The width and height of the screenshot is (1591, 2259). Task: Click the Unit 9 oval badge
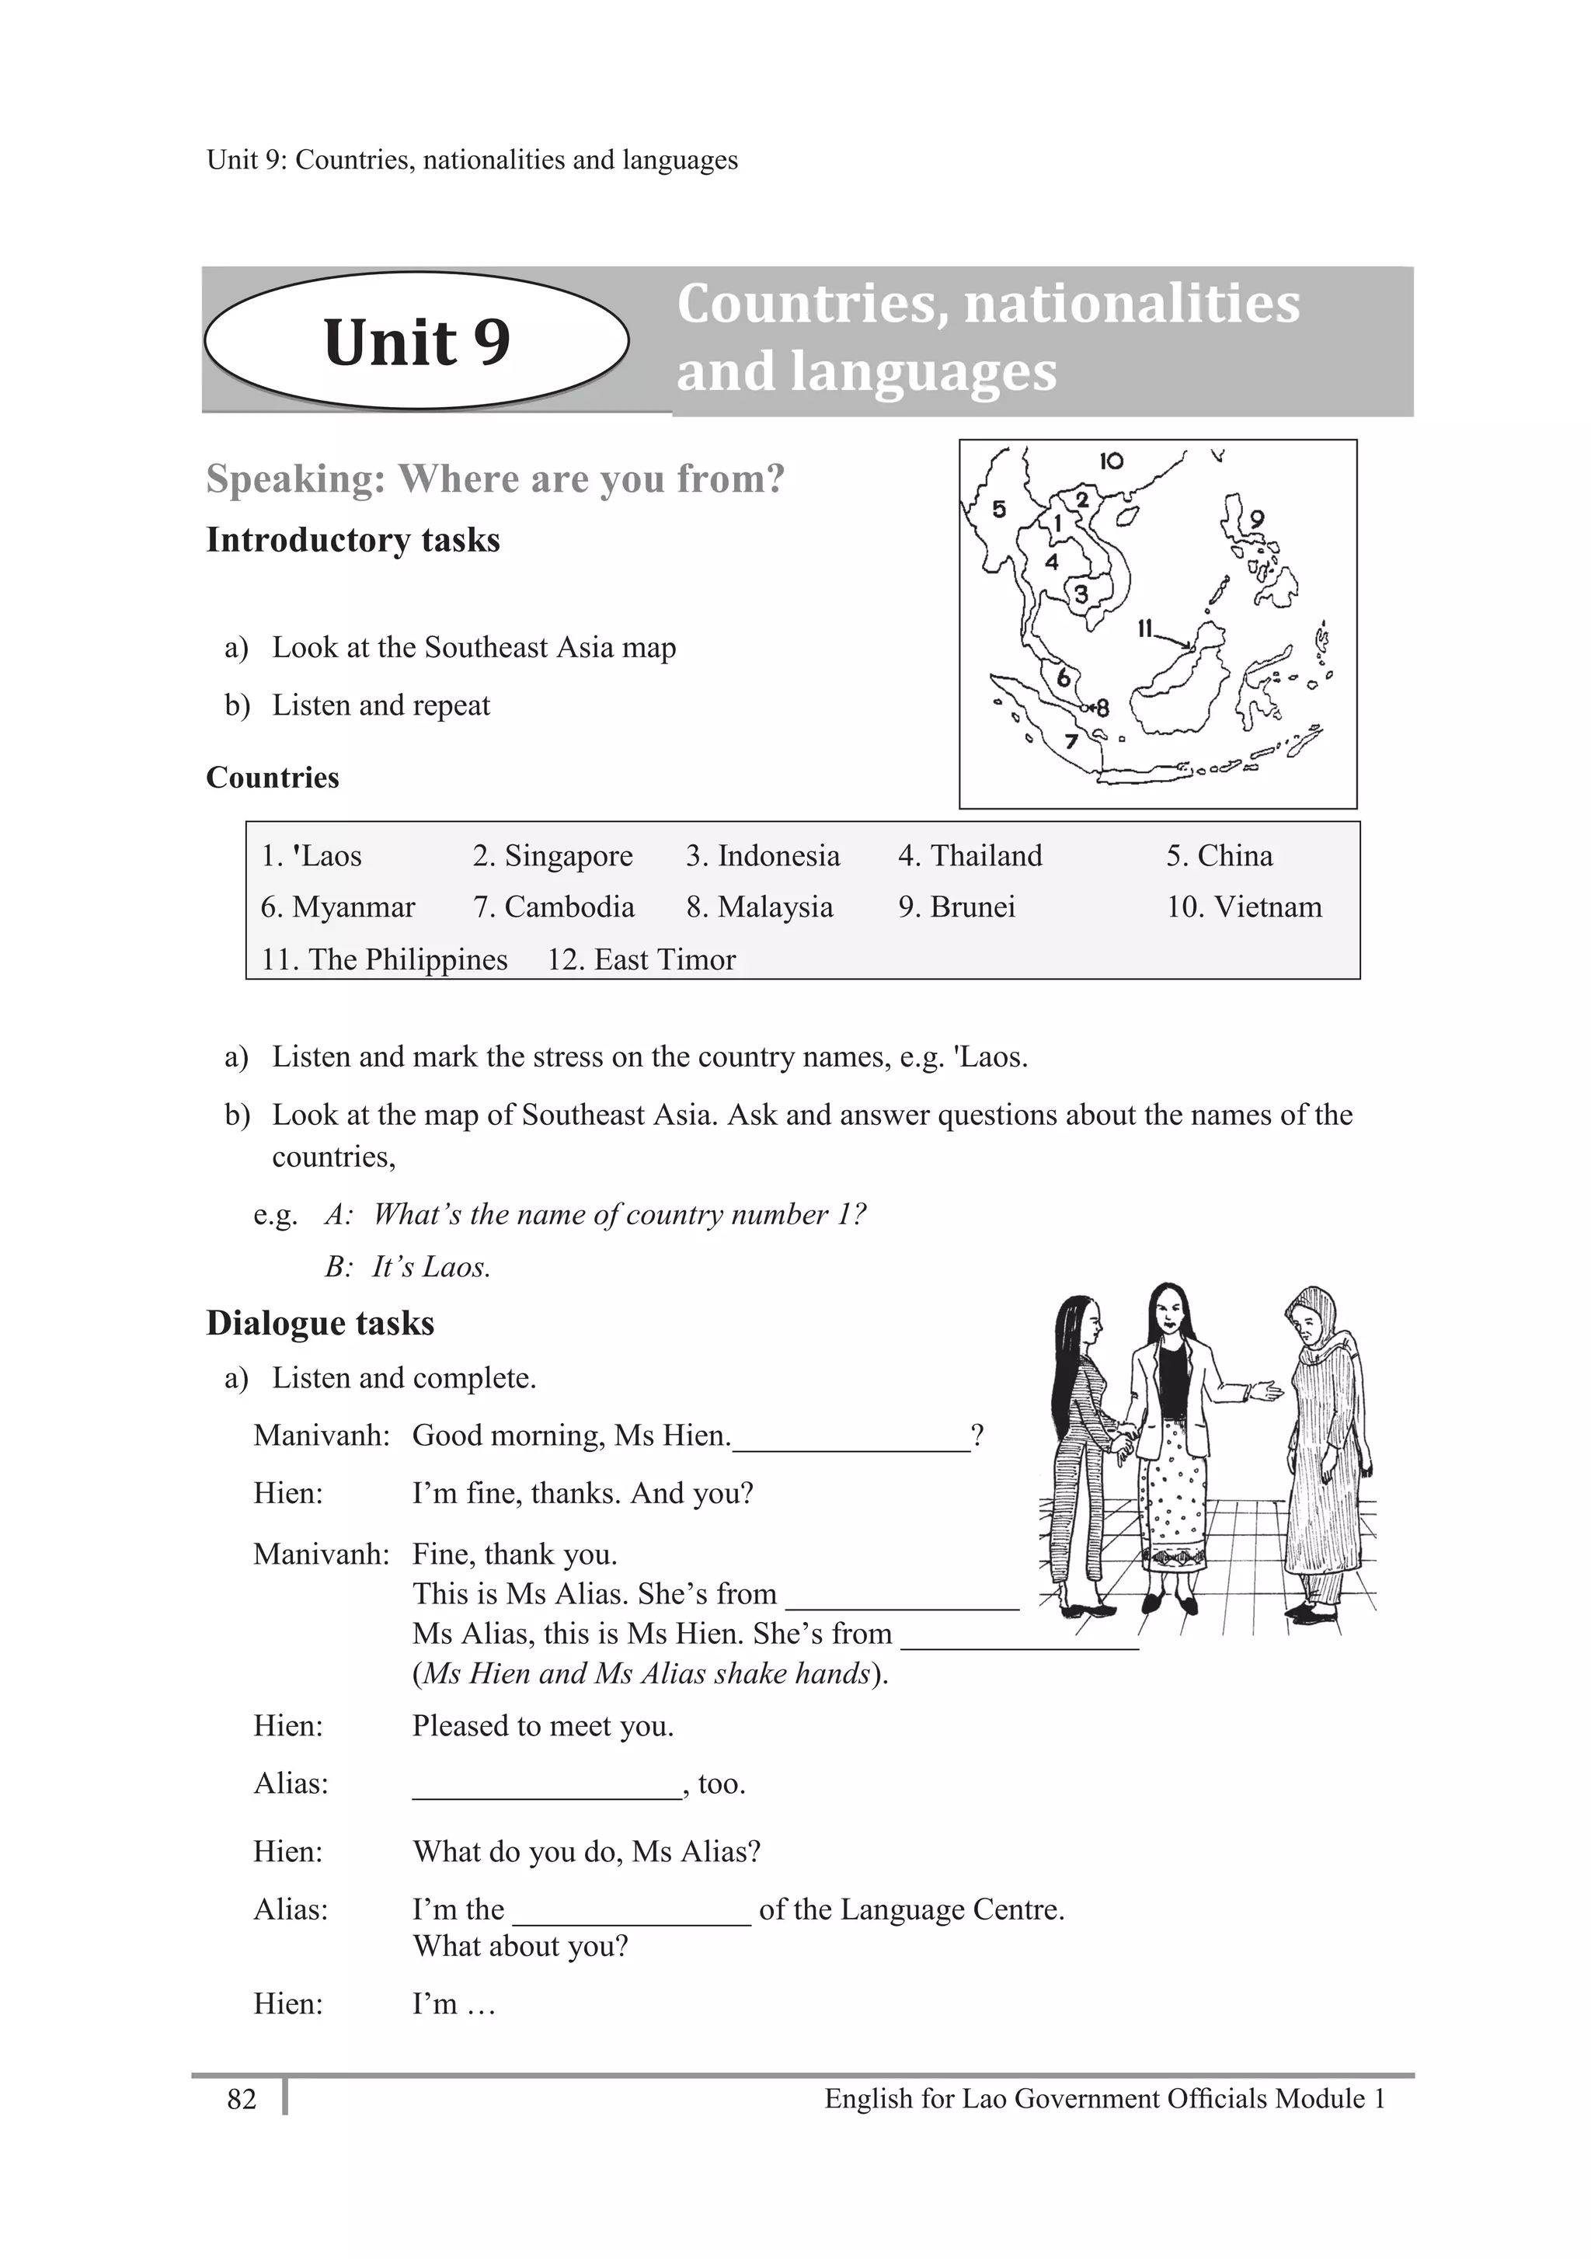tap(416, 340)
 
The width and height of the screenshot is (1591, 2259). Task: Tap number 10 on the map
tap(1111, 461)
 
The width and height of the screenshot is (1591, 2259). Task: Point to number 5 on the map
tap(999, 509)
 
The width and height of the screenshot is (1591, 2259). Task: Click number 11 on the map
tap(1144, 628)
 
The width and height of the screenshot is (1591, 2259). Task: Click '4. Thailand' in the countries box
tap(970, 856)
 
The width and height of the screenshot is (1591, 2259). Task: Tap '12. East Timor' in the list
tap(641, 959)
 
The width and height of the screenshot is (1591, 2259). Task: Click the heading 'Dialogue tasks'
tap(320, 1324)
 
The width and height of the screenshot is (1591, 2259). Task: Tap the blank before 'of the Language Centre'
tap(632, 1913)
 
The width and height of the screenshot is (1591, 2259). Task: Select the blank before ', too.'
tap(546, 1787)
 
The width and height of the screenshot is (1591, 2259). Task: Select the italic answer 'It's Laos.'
tap(431, 1266)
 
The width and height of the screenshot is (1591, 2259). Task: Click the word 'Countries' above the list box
tap(273, 778)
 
